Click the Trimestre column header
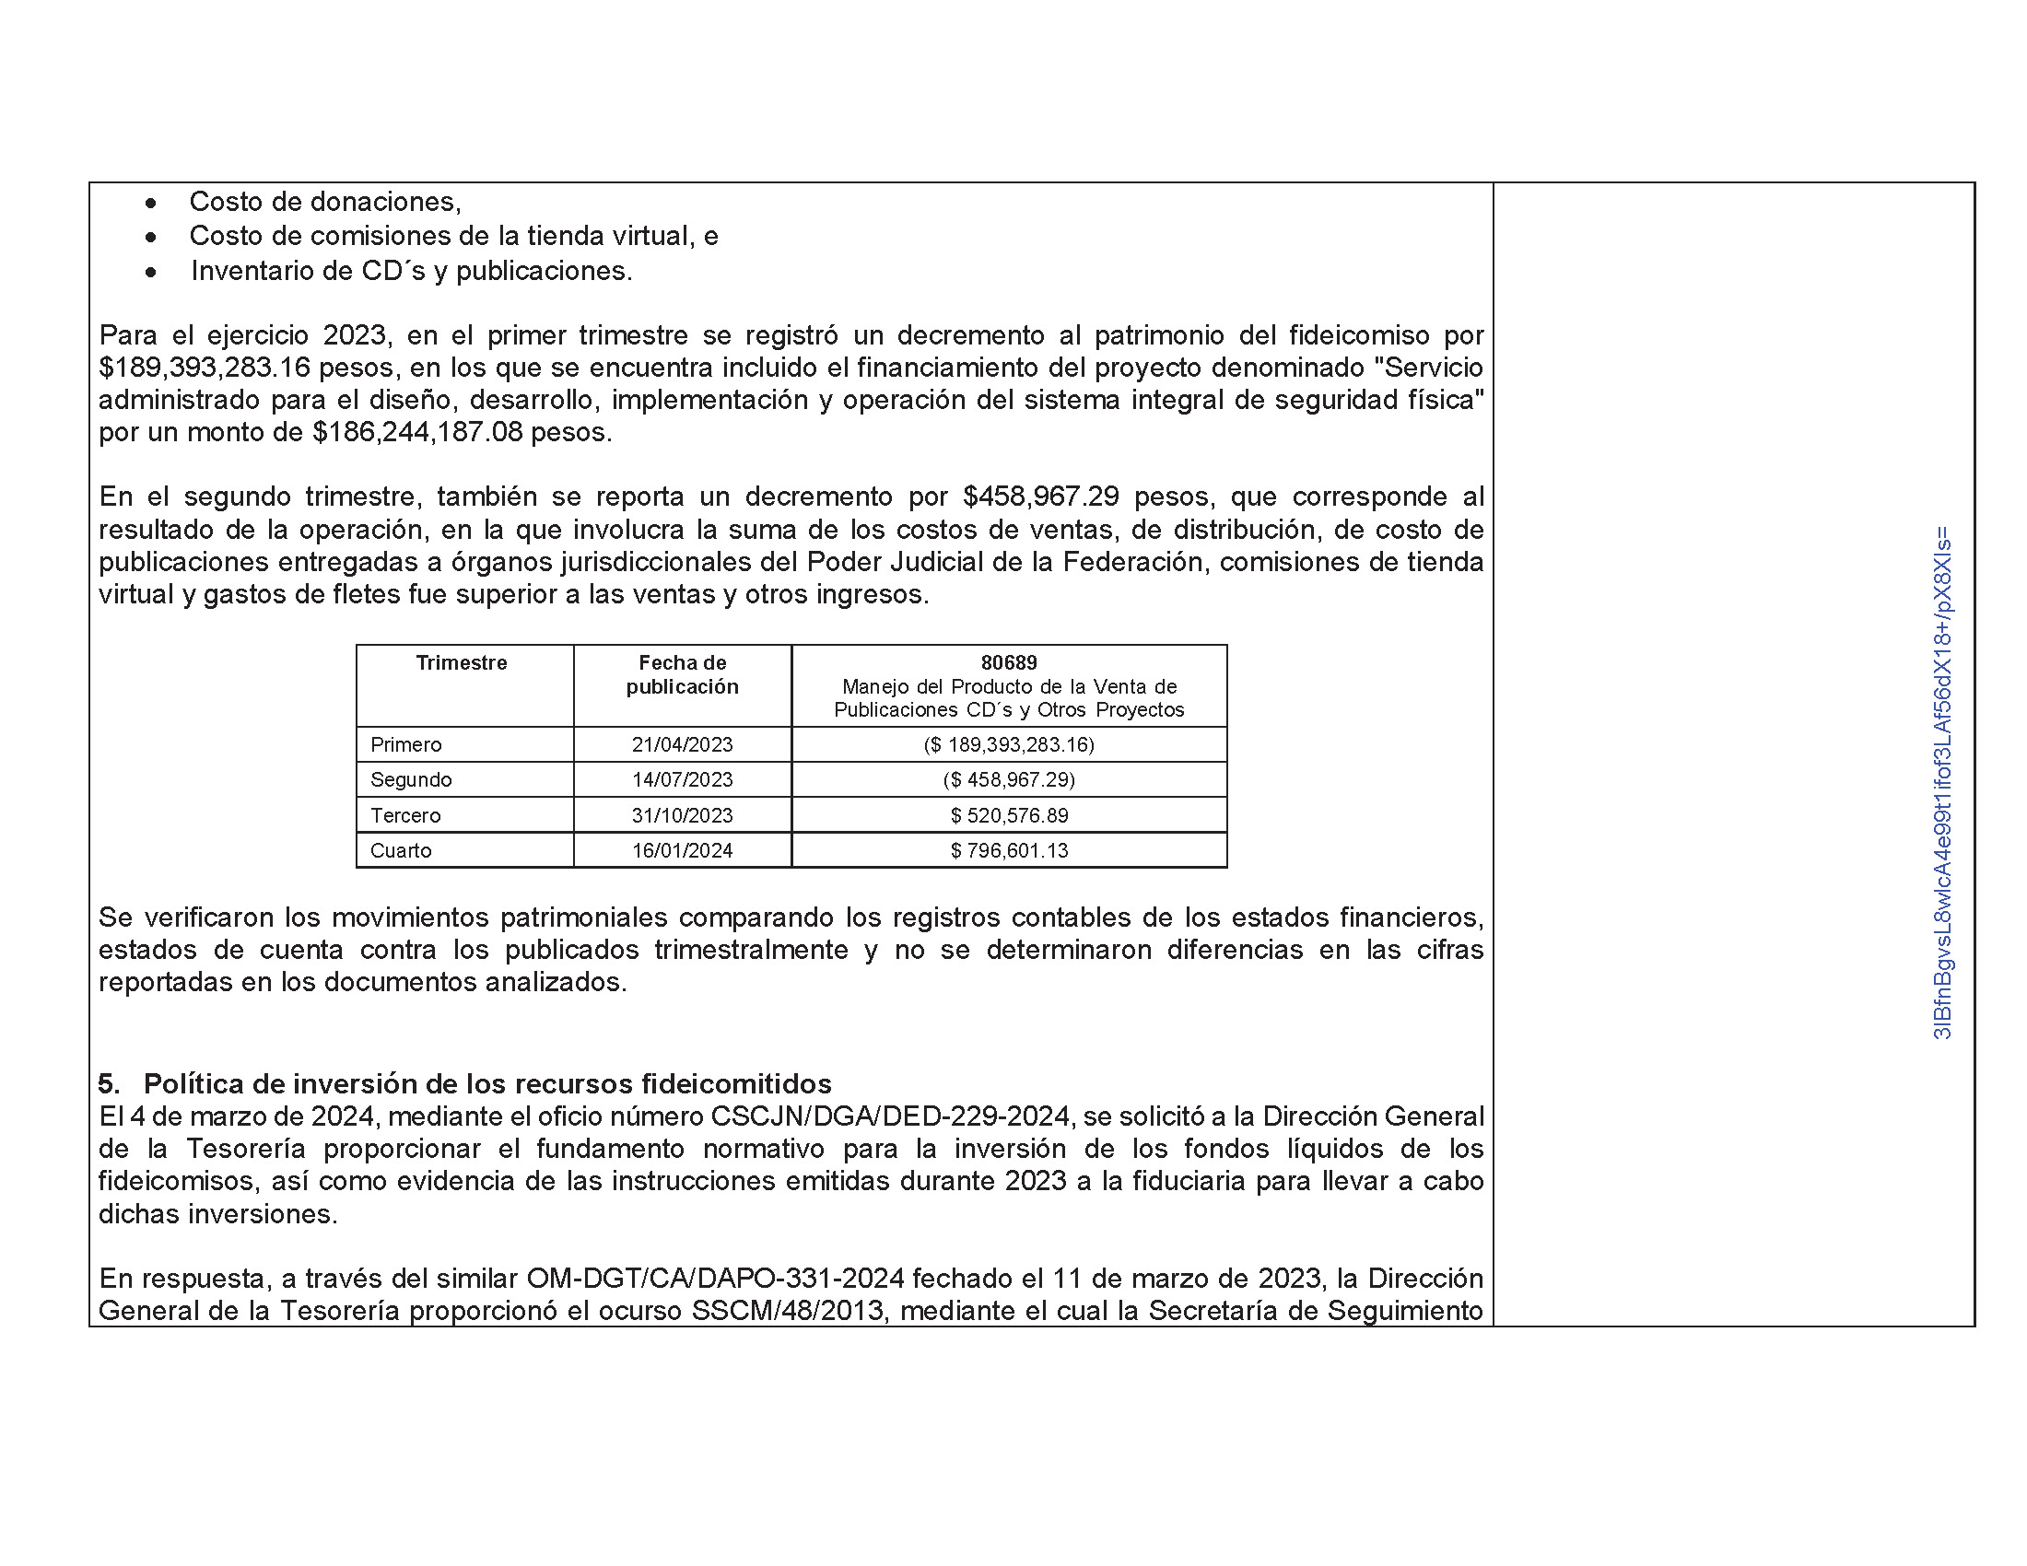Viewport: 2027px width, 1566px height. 462,662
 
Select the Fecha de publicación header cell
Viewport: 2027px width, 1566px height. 682,674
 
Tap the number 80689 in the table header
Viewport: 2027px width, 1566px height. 1009,662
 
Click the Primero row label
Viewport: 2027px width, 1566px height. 405,745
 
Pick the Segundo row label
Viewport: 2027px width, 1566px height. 411,780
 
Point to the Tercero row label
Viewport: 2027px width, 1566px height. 405,815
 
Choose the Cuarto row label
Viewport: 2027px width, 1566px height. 401,851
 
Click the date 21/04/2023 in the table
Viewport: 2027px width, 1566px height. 682,745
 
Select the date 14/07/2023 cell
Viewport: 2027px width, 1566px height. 682,780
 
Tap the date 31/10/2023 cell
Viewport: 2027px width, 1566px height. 682,815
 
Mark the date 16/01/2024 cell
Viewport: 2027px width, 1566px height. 682,851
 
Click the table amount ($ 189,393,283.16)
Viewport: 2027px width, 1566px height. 1009,745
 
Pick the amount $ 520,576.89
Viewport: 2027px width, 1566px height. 1009,815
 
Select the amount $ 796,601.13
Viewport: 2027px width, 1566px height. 1009,851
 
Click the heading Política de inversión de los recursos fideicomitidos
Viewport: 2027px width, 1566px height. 487,1083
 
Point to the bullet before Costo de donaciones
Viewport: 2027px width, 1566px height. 150,203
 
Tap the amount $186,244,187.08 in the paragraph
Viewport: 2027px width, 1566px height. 417,432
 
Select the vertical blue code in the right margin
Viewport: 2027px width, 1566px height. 1942,784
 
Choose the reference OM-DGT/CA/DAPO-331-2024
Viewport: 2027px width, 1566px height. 715,1279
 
